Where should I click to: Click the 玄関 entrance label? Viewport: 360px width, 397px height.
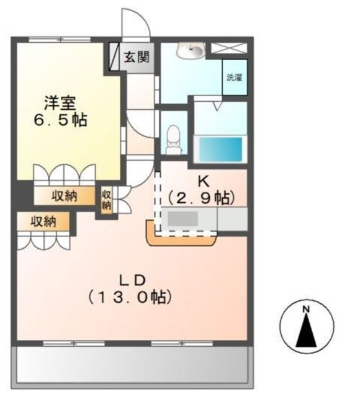137,57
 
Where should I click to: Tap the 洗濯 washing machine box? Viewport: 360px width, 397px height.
235,78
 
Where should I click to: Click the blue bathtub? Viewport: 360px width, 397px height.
220,149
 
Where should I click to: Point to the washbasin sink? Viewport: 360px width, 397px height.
191,50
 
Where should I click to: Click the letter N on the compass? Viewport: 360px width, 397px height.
306,309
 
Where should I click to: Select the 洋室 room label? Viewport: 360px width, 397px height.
60,104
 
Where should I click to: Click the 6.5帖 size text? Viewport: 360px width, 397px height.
60,120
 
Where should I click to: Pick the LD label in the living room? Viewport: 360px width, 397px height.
132,280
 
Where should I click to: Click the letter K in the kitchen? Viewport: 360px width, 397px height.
204,181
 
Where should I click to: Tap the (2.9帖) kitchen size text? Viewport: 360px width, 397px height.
201,198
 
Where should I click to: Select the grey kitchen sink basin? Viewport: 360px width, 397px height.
183,218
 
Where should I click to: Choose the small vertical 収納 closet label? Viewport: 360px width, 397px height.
106,200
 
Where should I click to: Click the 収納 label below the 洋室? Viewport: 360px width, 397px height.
65,196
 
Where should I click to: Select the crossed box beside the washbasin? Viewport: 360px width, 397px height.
229,48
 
